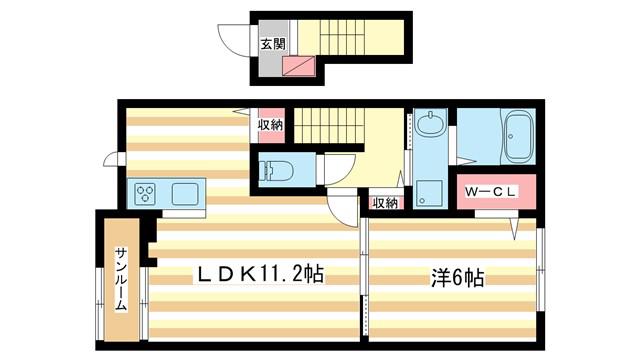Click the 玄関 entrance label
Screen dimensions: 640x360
click(273, 44)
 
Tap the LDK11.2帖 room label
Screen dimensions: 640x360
click(260, 274)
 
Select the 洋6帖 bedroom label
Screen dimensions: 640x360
click(458, 278)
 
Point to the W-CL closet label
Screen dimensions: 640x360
click(492, 191)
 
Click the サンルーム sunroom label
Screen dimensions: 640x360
click(121, 279)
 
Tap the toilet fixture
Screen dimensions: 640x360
click(276, 169)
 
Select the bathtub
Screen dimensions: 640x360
click(518, 137)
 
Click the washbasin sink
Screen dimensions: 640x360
click(430, 123)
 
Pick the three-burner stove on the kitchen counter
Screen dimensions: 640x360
click(145, 193)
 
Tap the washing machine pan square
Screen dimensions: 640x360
click(430, 193)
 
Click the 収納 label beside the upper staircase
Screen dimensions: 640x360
click(270, 125)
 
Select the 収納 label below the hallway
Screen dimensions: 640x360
click(385, 202)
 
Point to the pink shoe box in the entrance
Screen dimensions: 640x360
click(299, 66)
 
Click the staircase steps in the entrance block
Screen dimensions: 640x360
click(342, 37)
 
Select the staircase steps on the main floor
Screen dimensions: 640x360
click(329, 126)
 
